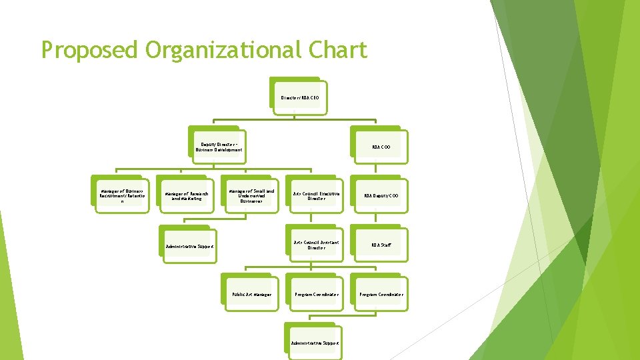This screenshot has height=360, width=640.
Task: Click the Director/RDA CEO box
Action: tap(300, 97)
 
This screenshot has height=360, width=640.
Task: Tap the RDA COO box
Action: tap(381, 147)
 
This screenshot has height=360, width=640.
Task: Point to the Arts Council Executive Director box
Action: tap(316, 196)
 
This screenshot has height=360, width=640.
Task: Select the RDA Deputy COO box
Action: tap(381, 196)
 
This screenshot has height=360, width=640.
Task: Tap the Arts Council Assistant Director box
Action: tap(316, 245)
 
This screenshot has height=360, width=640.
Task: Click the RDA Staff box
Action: tap(381, 245)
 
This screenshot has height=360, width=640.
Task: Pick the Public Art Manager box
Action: tap(251, 294)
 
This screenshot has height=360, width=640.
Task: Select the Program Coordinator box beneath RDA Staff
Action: tap(381, 294)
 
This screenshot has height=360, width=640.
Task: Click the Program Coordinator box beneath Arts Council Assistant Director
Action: tap(316, 294)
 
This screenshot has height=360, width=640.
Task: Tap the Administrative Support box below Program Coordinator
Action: tap(315, 343)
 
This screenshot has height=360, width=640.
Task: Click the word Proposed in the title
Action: tap(88, 51)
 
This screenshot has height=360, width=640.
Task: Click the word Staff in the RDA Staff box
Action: tap(385, 245)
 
